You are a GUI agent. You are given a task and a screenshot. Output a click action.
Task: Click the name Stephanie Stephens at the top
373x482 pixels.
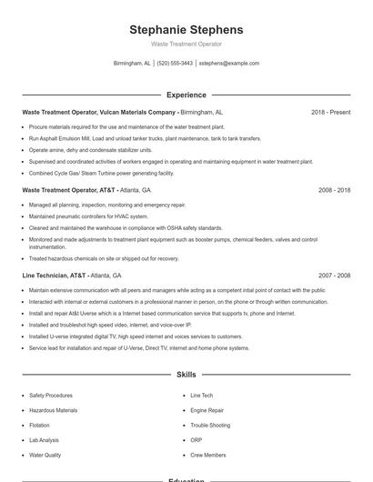point(186,30)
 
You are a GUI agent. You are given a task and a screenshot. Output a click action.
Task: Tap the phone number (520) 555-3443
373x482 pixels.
point(175,64)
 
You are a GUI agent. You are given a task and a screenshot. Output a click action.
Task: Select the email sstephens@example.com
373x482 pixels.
point(229,64)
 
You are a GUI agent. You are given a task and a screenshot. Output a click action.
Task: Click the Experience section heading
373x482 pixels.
point(186,95)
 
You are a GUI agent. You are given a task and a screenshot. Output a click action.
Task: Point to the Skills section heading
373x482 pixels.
point(186,374)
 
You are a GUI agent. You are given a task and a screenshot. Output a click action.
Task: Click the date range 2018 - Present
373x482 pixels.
point(330,112)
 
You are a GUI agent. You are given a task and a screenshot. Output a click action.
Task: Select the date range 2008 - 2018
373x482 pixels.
point(334,190)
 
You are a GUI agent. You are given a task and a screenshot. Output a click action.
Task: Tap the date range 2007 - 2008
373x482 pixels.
point(334,275)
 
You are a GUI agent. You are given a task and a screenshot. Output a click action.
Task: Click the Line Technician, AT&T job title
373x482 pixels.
point(55,275)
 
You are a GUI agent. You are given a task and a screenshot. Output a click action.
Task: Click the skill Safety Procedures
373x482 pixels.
point(51,396)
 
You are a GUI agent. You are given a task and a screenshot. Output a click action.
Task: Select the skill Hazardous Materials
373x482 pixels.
point(53,410)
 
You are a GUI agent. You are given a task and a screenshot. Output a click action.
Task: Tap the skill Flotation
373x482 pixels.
point(39,425)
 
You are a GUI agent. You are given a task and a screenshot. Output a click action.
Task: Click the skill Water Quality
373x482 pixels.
point(45,454)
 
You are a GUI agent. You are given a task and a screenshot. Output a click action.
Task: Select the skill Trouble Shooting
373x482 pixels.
point(209,425)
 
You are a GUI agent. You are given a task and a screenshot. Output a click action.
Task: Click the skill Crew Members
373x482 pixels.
point(208,454)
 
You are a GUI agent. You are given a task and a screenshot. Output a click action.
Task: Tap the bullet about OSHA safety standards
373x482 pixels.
point(126,227)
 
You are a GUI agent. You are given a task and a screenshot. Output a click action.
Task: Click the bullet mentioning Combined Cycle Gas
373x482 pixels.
point(101,173)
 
